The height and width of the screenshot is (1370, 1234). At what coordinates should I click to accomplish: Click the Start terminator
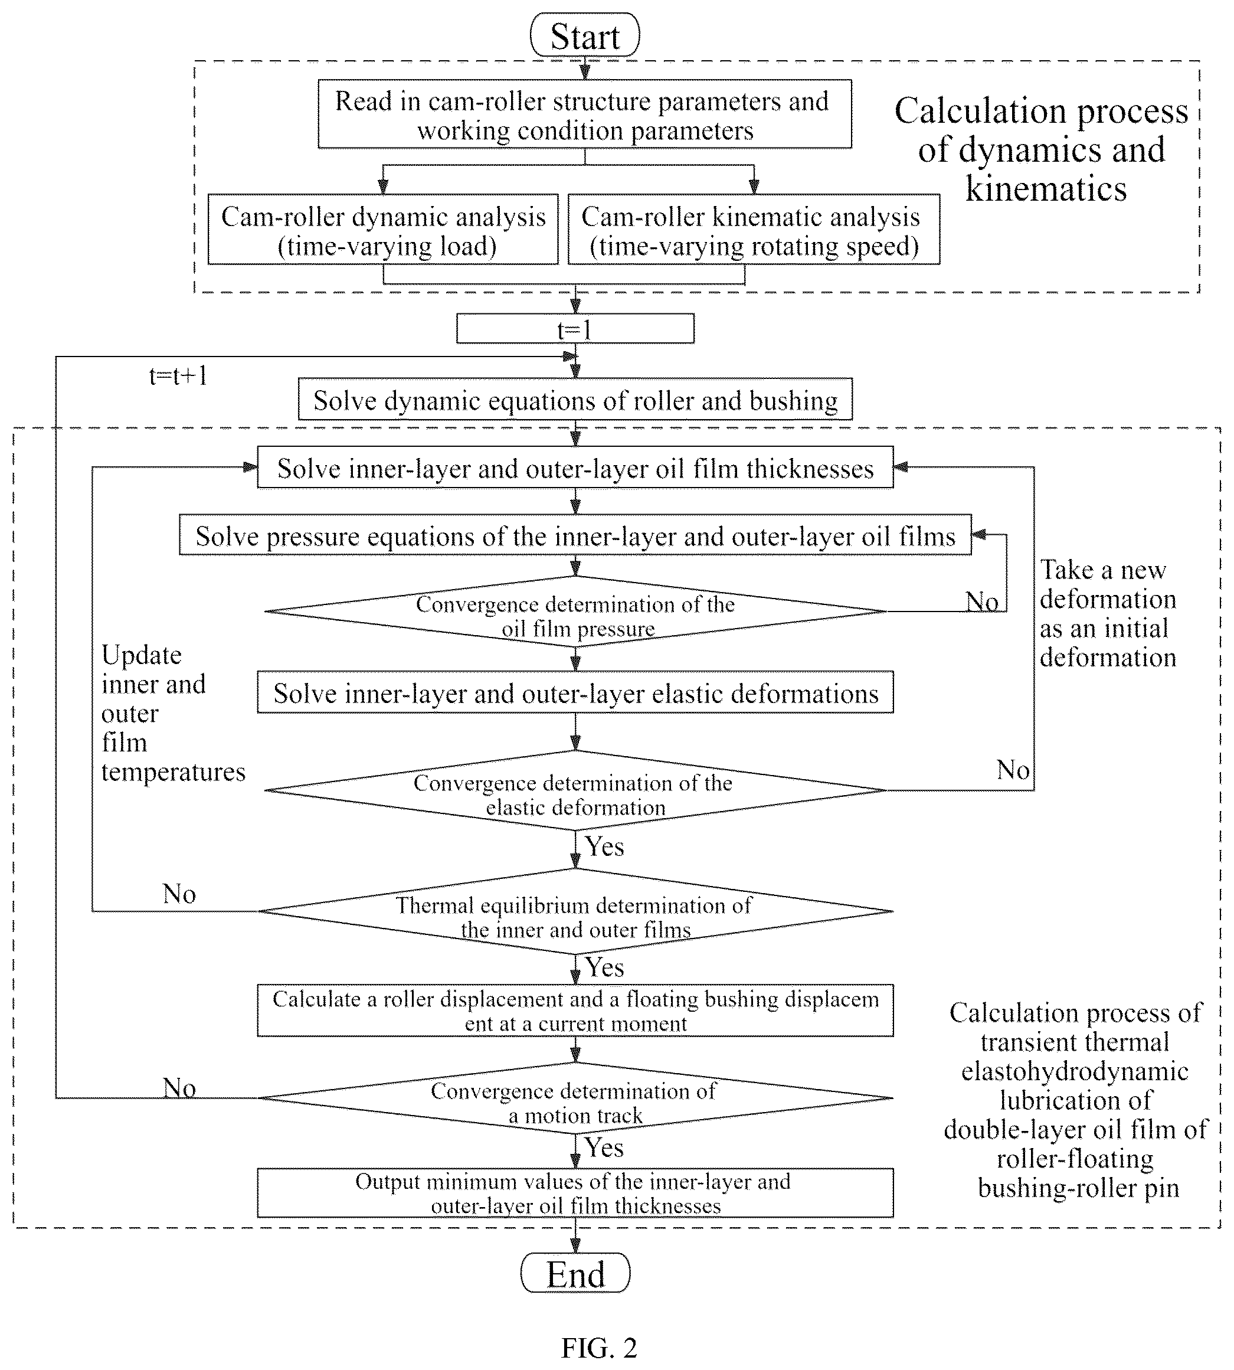(584, 35)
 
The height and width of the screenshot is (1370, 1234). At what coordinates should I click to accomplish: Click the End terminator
(575, 1275)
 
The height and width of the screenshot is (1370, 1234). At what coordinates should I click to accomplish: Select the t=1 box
(575, 329)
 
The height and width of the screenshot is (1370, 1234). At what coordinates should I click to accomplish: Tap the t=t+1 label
(178, 375)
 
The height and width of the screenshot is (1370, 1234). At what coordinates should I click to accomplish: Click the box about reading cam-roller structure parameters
(584, 115)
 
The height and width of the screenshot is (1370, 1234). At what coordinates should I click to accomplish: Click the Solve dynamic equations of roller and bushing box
(575, 400)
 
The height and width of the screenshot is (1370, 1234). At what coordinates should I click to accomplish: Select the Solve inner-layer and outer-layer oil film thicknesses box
(575, 468)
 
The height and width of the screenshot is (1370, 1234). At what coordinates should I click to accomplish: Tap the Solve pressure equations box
(575, 536)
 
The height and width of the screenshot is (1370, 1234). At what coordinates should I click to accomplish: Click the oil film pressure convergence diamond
(575, 612)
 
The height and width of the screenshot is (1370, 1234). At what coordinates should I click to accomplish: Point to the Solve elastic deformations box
(575, 692)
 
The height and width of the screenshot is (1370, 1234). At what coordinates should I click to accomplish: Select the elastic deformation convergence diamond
(575, 790)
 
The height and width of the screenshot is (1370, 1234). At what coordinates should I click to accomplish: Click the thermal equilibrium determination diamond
(575, 911)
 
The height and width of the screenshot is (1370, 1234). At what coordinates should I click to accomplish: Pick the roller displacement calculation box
(575, 1011)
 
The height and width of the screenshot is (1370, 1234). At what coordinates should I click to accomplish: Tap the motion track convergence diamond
(575, 1098)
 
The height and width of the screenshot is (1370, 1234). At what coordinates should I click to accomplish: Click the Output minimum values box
(575, 1193)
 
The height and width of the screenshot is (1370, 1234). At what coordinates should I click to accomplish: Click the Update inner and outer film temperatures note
(173, 713)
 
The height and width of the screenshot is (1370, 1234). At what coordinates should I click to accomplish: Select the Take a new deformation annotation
(1108, 614)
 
